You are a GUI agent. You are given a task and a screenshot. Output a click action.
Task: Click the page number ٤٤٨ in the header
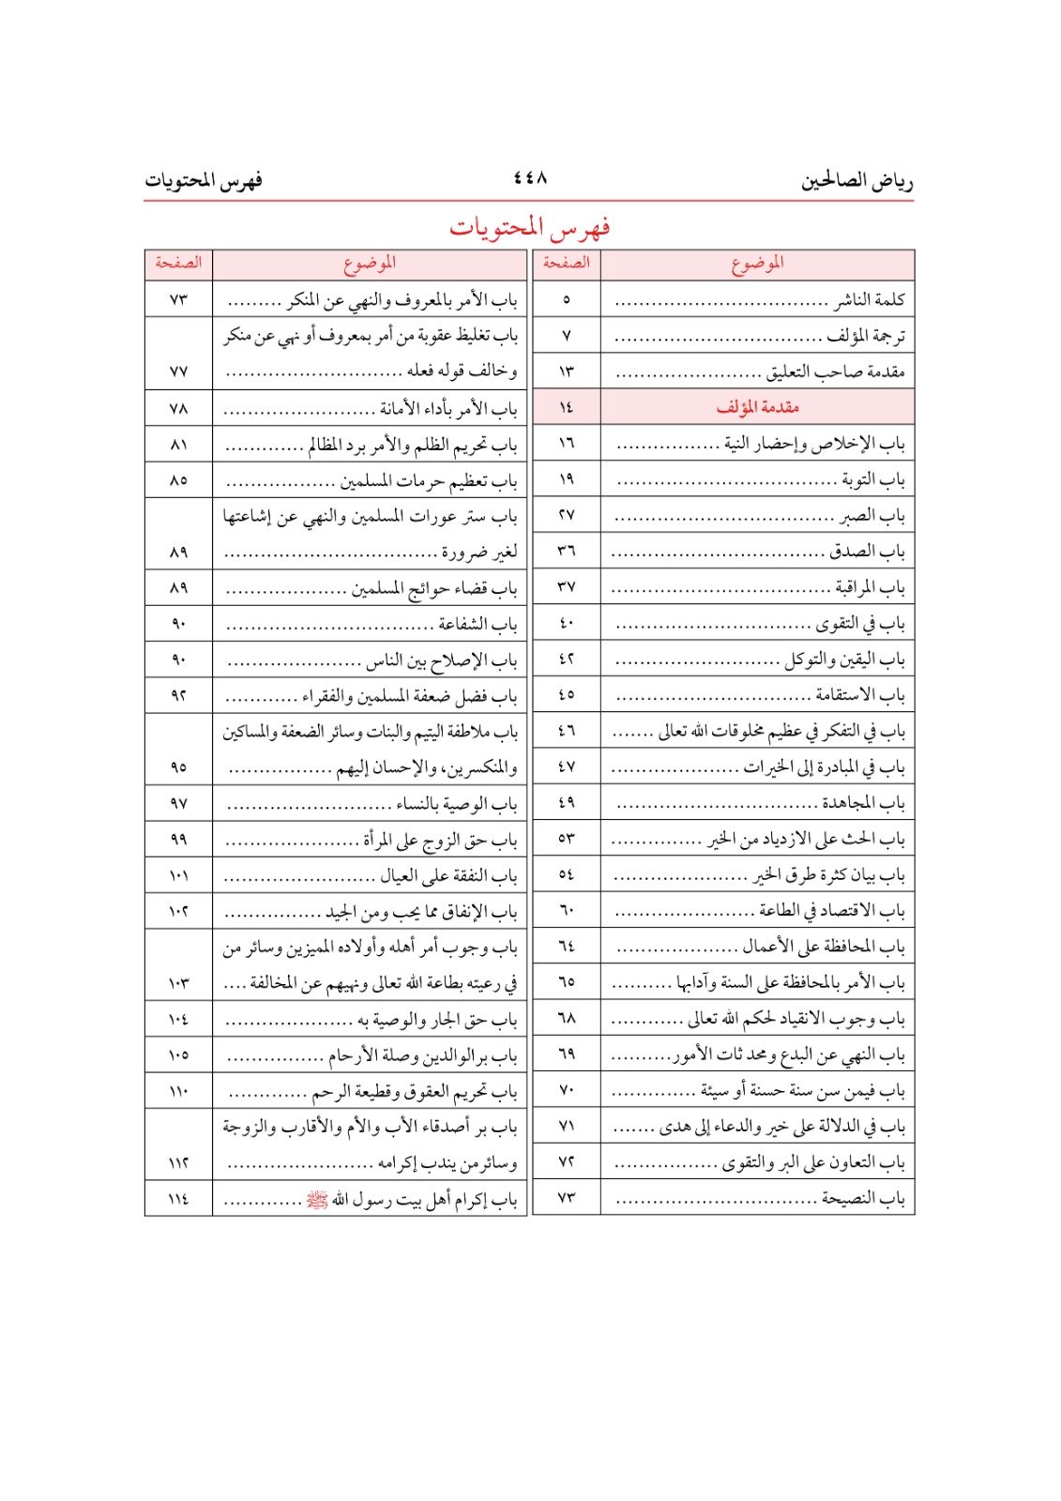[x=530, y=177]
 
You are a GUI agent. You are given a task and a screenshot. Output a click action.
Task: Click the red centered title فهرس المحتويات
[x=530, y=227]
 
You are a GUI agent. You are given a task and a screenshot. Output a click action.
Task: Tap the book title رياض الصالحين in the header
[x=856, y=180]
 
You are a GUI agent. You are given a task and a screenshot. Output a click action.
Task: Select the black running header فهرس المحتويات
[x=204, y=180]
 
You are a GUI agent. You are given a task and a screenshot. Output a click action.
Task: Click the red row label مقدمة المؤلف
[x=757, y=407]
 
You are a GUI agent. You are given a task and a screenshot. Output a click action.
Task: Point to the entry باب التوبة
[x=872, y=480]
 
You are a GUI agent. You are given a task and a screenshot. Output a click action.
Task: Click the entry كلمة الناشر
[x=870, y=300]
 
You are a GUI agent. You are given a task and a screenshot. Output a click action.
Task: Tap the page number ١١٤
[x=178, y=1199]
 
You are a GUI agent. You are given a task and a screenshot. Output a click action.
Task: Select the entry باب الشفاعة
[x=477, y=625]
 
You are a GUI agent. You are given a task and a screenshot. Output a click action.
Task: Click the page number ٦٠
[x=567, y=911]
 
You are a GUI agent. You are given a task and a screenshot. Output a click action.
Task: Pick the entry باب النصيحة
[x=863, y=1198]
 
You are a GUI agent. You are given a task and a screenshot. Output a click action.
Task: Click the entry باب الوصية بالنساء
[x=456, y=804]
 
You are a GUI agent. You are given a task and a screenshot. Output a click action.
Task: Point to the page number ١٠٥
[x=178, y=1054]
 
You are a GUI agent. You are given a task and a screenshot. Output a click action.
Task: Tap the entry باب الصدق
[x=867, y=552]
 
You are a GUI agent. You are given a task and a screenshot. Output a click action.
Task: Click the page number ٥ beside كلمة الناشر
[x=567, y=300]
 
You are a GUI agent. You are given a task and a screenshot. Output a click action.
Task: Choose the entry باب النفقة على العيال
[x=448, y=876]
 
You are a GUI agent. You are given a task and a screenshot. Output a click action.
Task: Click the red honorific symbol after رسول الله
[x=318, y=1200]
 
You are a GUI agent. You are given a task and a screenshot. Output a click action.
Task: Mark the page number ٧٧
[x=178, y=371]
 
